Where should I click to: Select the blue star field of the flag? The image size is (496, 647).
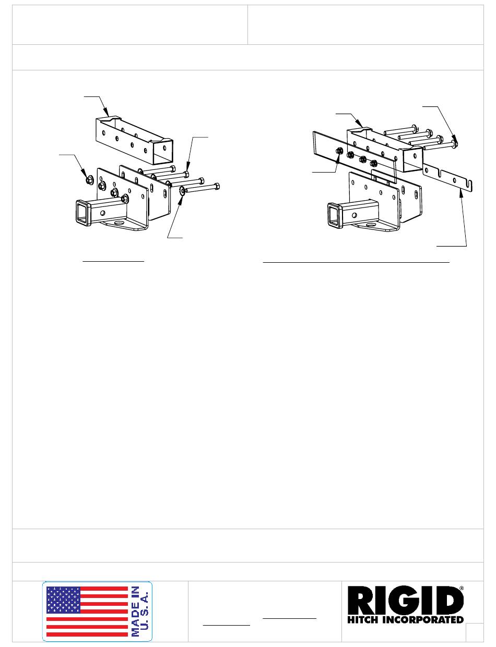(x=64, y=600)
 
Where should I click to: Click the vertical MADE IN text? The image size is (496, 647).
(x=135, y=611)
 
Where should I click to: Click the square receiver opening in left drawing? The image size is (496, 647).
(x=84, y=213)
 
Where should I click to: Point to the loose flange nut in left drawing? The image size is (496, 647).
(x=89, y=180)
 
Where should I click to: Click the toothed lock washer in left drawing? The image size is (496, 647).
(x=182, y=191)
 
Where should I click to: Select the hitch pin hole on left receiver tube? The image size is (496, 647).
(x=103, y=213)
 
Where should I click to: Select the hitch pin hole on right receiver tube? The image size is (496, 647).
(x=355, y=215)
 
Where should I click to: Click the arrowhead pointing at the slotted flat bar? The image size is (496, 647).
(x=461, y=193)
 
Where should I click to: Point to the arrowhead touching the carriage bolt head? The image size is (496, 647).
(x=455, y=139)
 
